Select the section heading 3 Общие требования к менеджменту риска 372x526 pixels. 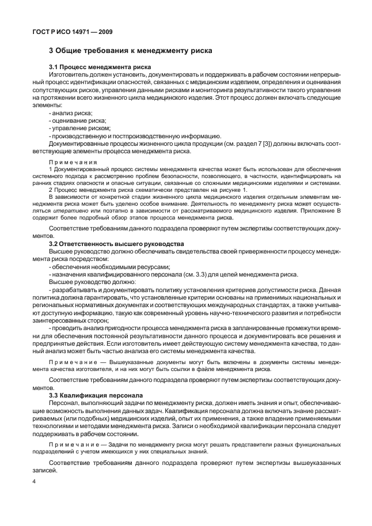pos(131,51)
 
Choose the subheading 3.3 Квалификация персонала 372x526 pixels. pos(92,395)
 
